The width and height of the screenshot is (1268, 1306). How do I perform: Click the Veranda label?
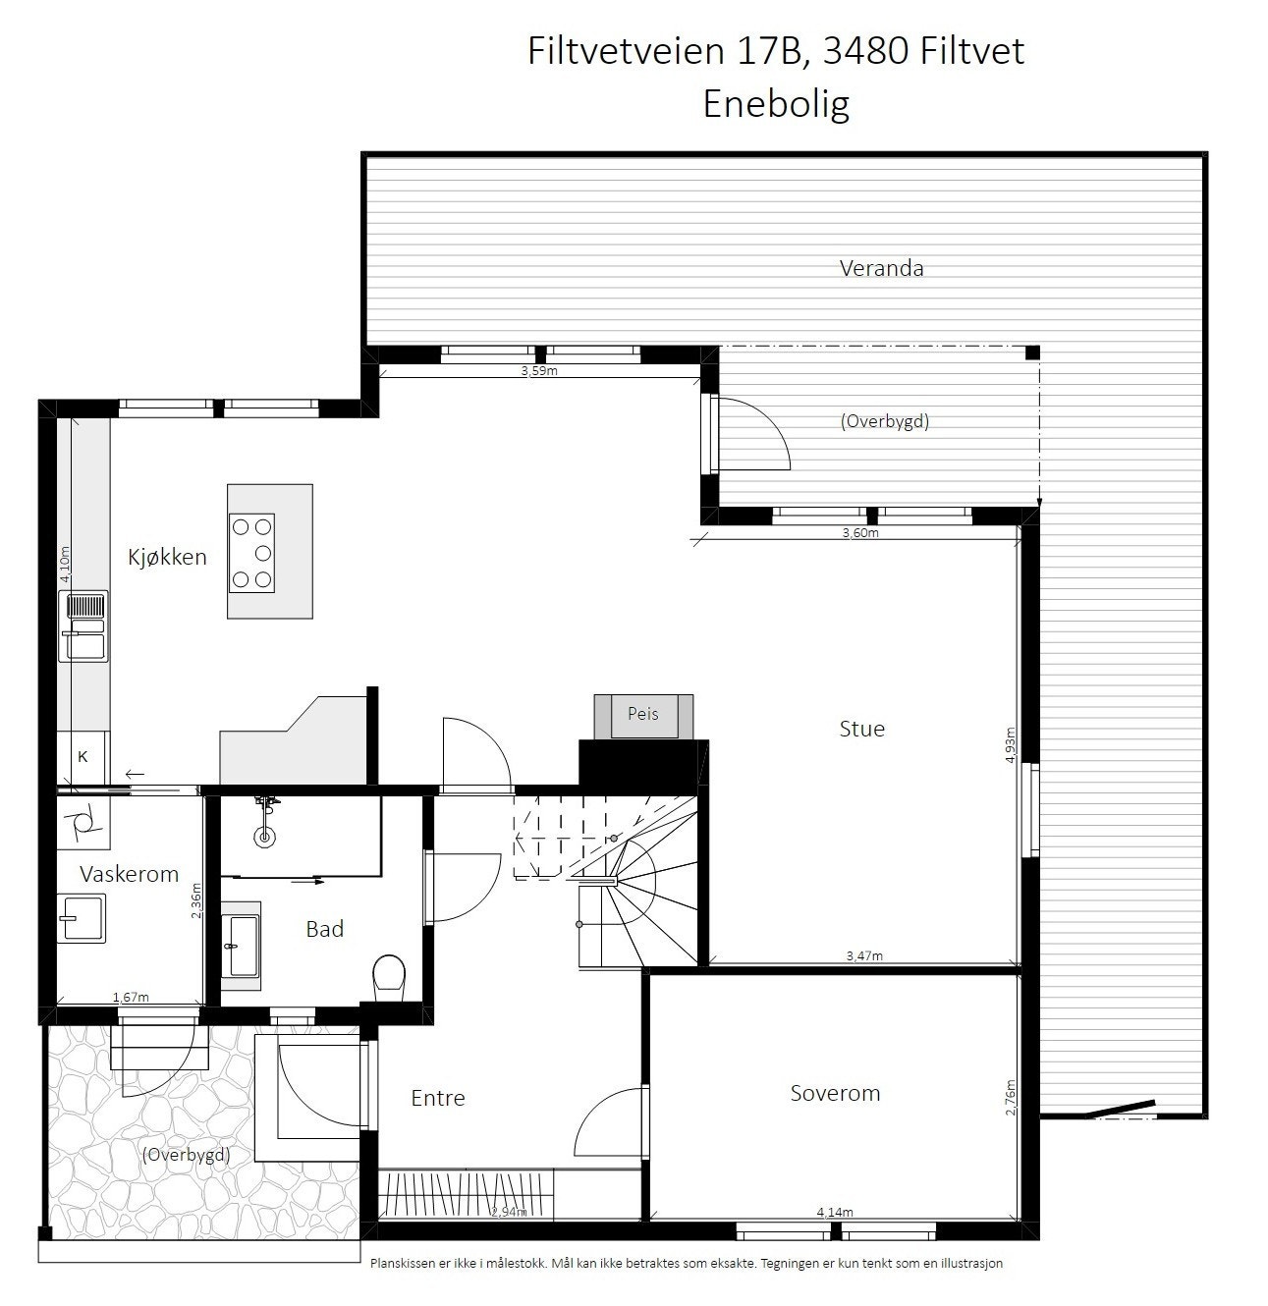coord(881,268)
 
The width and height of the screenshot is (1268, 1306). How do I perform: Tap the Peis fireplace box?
coord(643,714)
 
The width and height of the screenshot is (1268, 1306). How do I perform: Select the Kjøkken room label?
coord(167,557)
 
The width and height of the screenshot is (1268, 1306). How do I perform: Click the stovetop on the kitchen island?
coord(251,553)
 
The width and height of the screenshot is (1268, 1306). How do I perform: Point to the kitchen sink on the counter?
coord(84,626)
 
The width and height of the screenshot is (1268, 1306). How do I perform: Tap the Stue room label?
coord(861,729)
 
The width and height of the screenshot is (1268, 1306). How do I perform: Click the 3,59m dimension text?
coord(538,371)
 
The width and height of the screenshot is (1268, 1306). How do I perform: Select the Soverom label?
coord(835,1093)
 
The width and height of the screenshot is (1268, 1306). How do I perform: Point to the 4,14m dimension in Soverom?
coord(835,1213)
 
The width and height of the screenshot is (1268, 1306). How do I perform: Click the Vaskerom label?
coord(129,874)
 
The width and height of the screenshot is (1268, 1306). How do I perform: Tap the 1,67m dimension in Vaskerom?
coord(131,998)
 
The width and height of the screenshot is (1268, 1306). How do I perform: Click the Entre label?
coord(437,1098)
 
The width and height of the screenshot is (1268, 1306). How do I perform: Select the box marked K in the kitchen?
coord(83,757)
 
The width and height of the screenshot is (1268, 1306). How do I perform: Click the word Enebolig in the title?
coord(776,103)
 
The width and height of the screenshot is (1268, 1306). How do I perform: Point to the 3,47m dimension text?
coord(864,955)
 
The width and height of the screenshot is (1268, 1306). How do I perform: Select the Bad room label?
coord(324,928)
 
